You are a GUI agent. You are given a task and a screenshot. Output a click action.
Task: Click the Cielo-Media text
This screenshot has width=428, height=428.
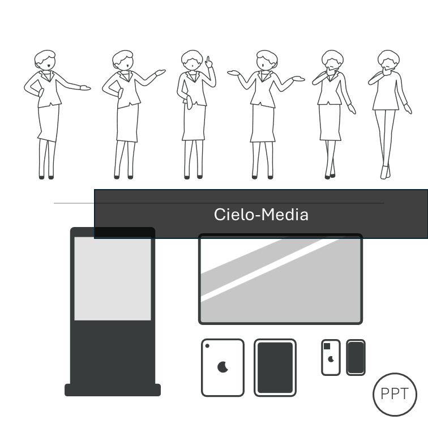coord(261,215)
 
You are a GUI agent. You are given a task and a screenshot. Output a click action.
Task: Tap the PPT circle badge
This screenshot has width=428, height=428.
coord(395,395)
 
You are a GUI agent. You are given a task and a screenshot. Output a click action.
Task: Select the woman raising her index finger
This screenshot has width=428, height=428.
coord(196,114)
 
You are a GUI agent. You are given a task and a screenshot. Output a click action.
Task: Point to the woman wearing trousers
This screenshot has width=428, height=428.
coord(390,114)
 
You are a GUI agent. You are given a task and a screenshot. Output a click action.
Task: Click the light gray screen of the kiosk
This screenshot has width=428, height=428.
coord(113,279)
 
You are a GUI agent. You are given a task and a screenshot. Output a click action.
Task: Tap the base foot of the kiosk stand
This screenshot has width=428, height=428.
coord(113,390)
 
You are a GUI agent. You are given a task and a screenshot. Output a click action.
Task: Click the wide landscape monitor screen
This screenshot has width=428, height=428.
coord(280,279)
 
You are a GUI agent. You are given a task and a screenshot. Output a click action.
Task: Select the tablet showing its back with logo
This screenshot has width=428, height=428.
coord(222,367)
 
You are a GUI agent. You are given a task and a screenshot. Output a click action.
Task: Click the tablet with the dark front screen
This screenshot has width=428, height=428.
coord(275,367)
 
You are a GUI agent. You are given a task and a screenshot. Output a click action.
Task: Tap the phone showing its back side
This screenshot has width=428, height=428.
coord(331,358)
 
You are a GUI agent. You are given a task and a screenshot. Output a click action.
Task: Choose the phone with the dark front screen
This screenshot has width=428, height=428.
coord(356,358)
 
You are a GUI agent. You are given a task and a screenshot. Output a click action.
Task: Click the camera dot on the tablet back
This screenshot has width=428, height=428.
coord(207,346)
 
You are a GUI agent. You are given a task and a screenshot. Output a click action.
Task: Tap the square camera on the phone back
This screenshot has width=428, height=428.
coord(327,346)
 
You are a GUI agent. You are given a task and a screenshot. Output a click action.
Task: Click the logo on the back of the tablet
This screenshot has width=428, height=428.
coord(222,367)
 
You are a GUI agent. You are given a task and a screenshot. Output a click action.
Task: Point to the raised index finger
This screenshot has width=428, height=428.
coord(208,61)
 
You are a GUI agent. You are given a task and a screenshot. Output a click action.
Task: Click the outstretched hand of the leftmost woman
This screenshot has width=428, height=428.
coord(85,88)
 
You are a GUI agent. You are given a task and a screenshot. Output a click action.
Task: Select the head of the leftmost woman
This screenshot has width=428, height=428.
coord(45,60)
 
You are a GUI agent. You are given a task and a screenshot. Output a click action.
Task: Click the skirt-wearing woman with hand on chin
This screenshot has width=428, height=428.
coord(333,114)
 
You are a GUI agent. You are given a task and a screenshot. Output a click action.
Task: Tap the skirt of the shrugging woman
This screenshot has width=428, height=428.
coord(263,123)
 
